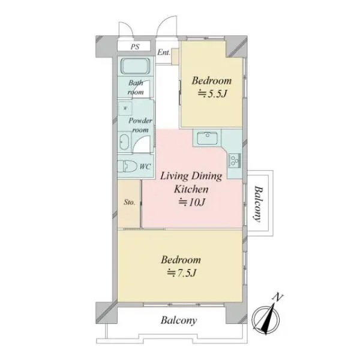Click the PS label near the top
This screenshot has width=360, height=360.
coord(135,47)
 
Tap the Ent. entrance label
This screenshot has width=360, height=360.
coord(164,52)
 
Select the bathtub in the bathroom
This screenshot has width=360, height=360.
coord(135,67)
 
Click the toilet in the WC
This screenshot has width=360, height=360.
coord(127,166)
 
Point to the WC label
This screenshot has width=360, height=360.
coord(145,166)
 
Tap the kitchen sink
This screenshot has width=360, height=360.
coord(208,138)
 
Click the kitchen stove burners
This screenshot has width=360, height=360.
coord(235,160)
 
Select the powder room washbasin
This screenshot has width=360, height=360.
coord(124,142)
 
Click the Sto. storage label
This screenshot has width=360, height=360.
coord(129,202)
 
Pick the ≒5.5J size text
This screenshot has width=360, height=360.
coord(212,94)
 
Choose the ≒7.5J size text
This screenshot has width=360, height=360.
coord(182,273)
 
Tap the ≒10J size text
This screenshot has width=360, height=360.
coord(191,202)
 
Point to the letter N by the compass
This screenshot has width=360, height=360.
coord(278,297)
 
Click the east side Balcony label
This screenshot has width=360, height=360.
coord(259,204)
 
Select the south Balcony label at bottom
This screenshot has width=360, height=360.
coord(179,320)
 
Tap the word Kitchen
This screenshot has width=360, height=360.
coord(191,189)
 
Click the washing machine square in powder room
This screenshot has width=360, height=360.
coord(125,107)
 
